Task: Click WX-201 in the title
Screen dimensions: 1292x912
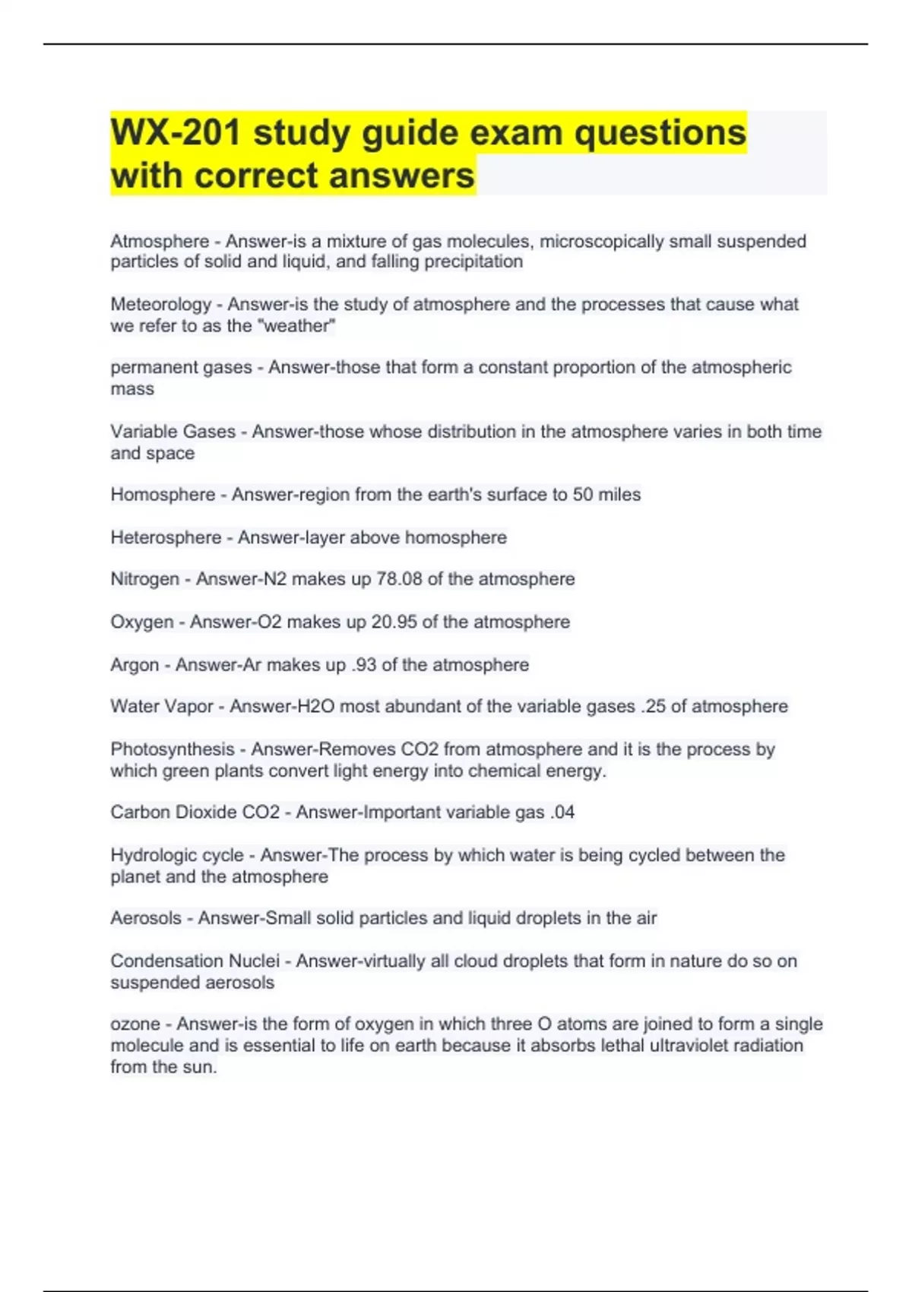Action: pos(176,133)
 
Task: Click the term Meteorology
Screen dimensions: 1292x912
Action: pos(161,305)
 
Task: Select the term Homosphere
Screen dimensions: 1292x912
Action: pos(163,495)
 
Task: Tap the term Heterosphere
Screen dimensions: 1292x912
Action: pos(166,537)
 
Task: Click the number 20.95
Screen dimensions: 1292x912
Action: pos(394,622)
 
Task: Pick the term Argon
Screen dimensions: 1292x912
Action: pos(135,665)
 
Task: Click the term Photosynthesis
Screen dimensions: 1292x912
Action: pos(173,749)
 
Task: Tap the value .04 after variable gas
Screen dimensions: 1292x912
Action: pos(562,812)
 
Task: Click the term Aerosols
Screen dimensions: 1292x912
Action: pos(146,918)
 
